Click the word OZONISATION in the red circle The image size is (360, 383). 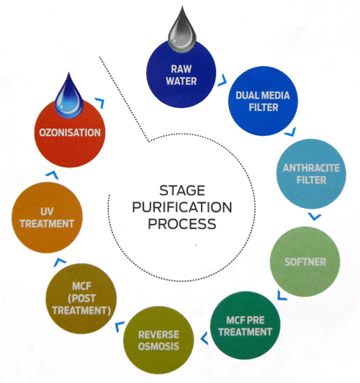(x=70, y=132)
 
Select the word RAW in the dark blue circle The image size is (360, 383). (x=181, y=69)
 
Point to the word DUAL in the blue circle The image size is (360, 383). (x=247, y=95)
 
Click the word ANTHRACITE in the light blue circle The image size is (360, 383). (x=311, y=168)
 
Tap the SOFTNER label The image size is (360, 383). (x=305, y=262)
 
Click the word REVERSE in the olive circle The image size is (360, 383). (x=158, y=335)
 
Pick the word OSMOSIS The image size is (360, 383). (x=158, y=346)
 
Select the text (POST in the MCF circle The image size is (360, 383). (x=81, y=298)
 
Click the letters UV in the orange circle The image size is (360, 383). (x=47, y=212)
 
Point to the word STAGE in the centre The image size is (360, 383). (x=182, y=191)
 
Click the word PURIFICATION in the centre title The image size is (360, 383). (x=182, y=207)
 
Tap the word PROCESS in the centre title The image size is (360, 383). (x=182, y=224)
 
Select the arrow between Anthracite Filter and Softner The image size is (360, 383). (x=315, y=217)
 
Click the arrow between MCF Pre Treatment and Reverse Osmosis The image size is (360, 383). (x=205, y=338)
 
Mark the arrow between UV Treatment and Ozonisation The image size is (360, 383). (x=53, y=174)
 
